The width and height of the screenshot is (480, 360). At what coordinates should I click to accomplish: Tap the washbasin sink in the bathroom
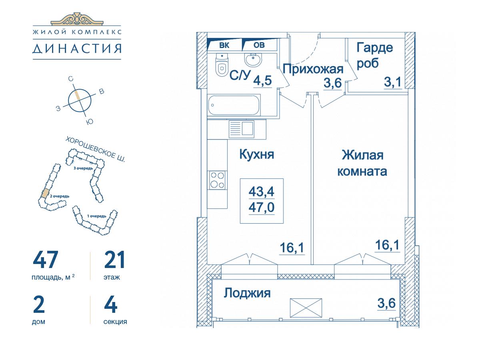pos(253,58)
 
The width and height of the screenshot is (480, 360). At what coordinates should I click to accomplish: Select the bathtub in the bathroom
pos(234,105)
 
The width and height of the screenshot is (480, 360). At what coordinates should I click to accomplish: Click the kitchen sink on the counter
pos(242,129)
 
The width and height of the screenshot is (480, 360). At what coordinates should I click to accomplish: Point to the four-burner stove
pos(217,180)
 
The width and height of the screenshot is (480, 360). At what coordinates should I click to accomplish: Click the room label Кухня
pos(256,154)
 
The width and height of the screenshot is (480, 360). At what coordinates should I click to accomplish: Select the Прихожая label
pos(313,69)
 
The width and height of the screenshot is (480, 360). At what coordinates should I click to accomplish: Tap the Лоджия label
pos(247,293)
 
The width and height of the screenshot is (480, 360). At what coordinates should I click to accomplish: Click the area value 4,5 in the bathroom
pos(262,80)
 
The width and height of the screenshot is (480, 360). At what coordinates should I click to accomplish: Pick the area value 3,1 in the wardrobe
pos(393,82)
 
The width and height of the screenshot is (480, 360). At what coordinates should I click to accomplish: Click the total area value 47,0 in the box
pos(262,207)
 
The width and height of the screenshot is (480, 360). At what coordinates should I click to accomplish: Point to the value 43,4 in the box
pos(262,192)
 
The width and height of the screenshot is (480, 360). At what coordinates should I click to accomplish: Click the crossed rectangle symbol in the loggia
pos(306,308)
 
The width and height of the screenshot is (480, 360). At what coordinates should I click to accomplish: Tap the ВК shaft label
pos(224,45)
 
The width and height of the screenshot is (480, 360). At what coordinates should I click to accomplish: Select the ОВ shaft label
pos(259,45)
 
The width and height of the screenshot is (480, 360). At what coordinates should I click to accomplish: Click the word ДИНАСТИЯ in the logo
pos(77,48)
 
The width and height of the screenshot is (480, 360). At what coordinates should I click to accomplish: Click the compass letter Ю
pos(90,122)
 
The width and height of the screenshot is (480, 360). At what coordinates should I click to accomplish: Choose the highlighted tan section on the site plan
pos(45,193)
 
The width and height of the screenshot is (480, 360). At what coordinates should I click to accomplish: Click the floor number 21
pos(114,260)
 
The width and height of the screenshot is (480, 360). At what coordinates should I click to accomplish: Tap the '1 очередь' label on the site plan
pos(97,216)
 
